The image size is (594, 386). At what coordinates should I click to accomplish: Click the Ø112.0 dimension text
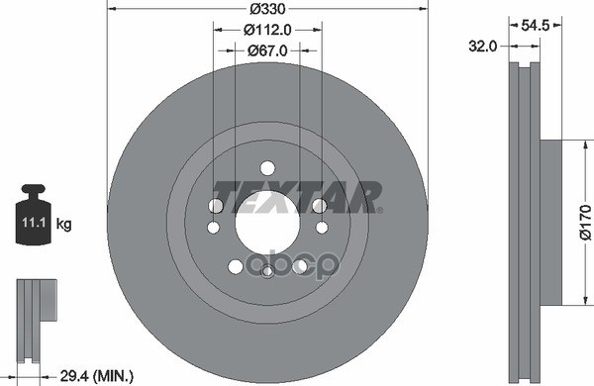pos(267,31)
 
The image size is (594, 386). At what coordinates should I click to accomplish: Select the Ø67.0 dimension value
pos(267,51)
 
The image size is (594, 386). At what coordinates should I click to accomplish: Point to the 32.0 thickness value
pos(483,45)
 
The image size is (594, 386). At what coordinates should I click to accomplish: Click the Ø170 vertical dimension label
pos(583,224)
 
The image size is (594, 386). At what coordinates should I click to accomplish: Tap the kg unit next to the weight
pos(64,225)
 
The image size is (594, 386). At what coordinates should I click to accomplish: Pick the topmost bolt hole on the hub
pos(267,168)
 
